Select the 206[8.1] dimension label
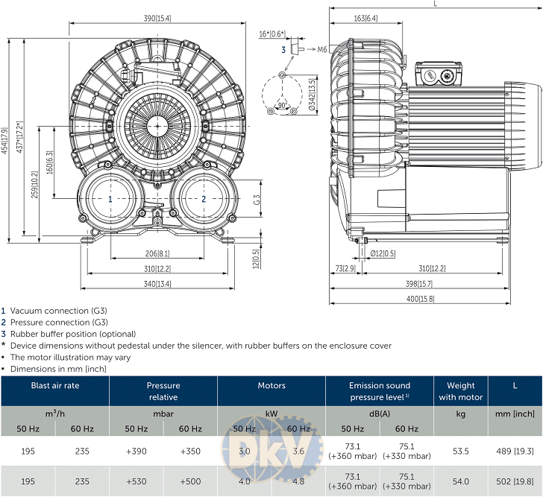(x=157, y=253)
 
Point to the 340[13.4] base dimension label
(x=157, y=283)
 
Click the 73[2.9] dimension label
(x=344, y=268)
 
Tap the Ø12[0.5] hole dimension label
(x=383, y=253)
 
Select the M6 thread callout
(x=321, y=50)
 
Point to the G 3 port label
(x=256, y=200)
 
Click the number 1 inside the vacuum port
(x=110, y=199)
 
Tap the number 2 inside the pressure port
(x=204, y=199)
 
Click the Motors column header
(x=271, y=385)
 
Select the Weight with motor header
(x=460, y=391)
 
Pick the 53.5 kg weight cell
(x=460, y=452)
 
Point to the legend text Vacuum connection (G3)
(x=59, y=311)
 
